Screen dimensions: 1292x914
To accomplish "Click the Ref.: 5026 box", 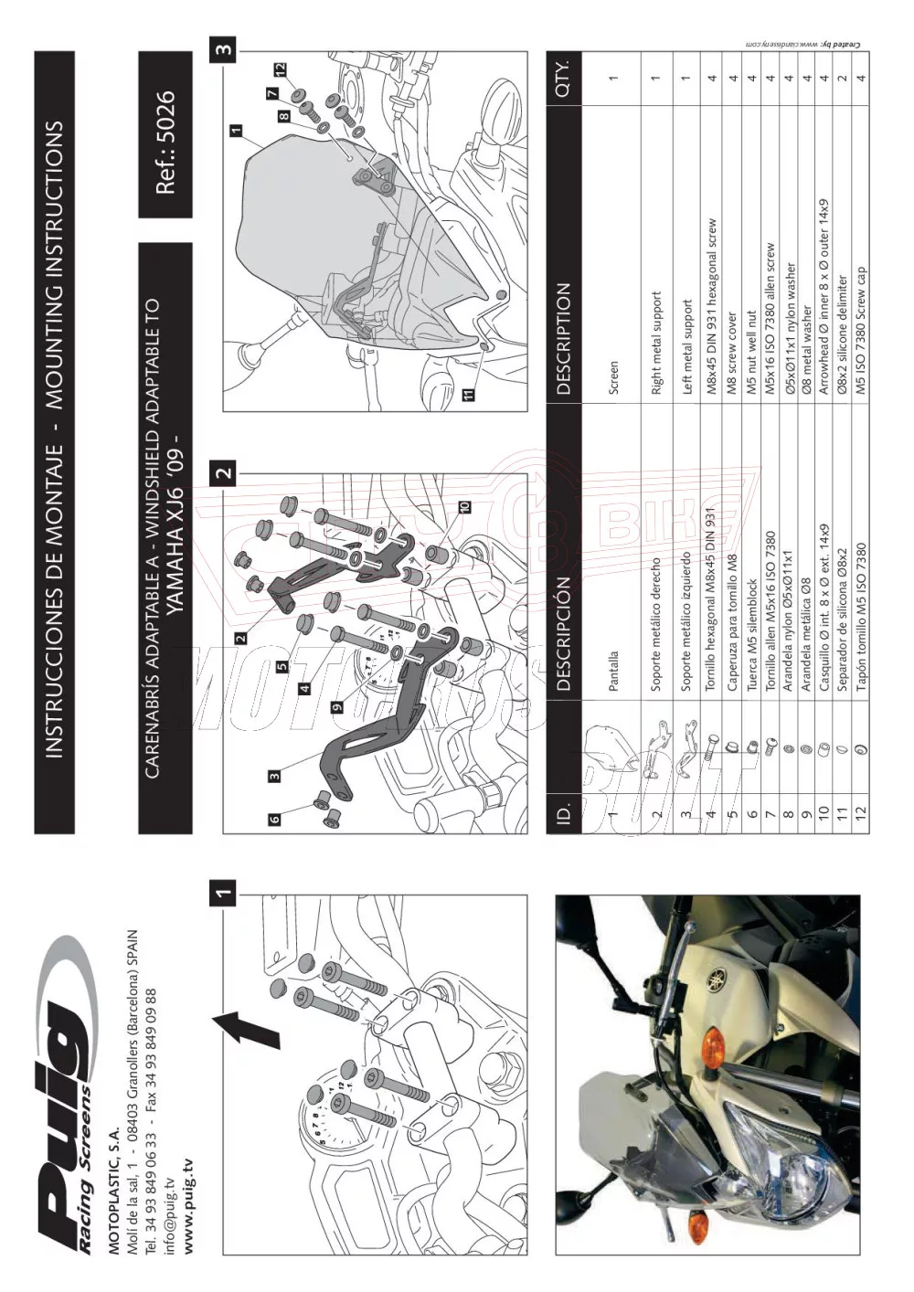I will click(x=165, y=135).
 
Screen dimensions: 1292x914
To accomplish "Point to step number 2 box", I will click(x=224, y=472).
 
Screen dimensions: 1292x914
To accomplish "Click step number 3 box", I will click(x=224, y=49).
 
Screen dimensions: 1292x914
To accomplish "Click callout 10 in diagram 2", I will click(x=464, y=505).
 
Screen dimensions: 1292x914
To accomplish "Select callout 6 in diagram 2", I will click(x=274, y=819).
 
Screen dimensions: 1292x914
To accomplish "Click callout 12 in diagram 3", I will click(x=281, y=69).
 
